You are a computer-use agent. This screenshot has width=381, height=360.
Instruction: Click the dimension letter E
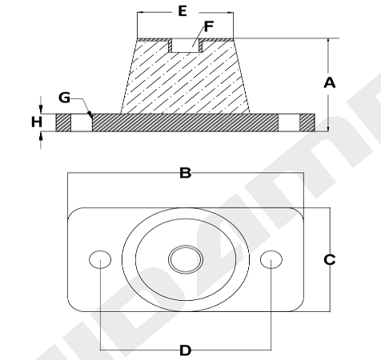pos(182,11)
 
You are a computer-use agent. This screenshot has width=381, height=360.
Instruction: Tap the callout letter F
pos(209,26)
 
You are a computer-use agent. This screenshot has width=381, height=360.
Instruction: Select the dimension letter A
pos(330,82)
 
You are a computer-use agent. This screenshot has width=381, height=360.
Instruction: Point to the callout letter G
pos(64,98)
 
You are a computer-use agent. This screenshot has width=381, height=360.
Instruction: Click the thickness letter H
pos(37,122)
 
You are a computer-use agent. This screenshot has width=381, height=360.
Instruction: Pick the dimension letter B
pos(186,173)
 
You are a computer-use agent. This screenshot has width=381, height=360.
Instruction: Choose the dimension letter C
pos(330,259)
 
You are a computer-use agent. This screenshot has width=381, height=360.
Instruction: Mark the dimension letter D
pos(186,350)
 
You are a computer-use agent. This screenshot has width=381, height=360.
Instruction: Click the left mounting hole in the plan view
pos(100,259)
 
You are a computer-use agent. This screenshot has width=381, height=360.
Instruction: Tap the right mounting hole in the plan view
pos(271,259)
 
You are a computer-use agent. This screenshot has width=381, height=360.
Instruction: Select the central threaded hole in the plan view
pos(186,259)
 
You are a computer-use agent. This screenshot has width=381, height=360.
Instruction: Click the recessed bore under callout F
pos(185,46)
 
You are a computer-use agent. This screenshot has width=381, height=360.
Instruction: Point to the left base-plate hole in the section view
pos(82,122)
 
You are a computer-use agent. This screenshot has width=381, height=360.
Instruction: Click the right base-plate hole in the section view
pos(289,122)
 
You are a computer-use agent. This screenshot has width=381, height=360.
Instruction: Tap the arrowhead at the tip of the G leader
pos(90,115)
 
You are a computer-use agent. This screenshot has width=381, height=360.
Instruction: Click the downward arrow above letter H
pos(41,105)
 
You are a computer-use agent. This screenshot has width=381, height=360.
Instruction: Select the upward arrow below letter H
pos(41,140)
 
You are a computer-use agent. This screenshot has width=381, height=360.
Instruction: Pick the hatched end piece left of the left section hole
pos(63,122)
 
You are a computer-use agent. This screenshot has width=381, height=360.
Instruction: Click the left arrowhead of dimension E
pos(141,12)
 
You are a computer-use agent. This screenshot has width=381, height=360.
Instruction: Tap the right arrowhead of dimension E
pos(230,12)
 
